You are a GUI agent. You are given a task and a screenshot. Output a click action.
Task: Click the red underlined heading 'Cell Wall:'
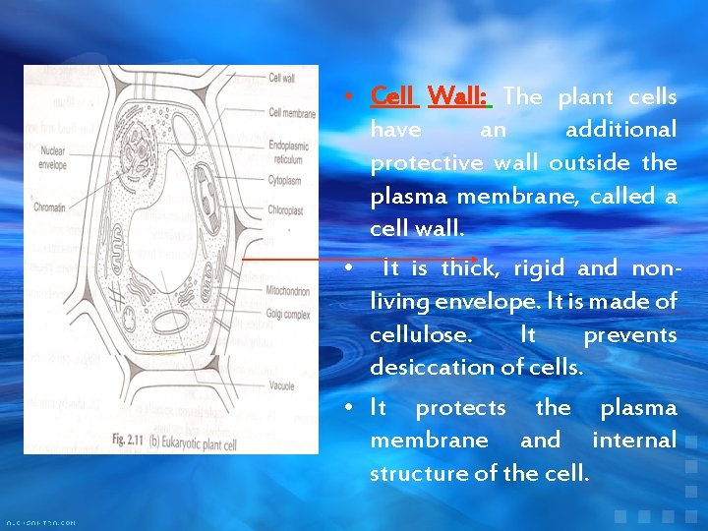pyautogui.click(x=431, y=96)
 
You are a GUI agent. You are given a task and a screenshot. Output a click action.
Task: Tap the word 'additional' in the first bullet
pyautogui.click(x=621, y=129)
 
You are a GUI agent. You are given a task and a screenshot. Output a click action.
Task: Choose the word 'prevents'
pyautogui.click(x=630, y=334)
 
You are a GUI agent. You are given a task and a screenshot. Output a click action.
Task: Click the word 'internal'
pyautogui.click(x=634, y=440)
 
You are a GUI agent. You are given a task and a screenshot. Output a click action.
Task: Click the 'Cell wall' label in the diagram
pyautogui.click(x=281, y=78)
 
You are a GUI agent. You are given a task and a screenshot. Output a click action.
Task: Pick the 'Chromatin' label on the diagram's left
pyautogui.click(x=48, y=207)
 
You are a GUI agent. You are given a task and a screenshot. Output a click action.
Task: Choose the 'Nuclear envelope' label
pyautogui.click(x=53, y=157)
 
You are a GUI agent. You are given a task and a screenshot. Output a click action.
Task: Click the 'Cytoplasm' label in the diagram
pyautogui.click(x=285, y=180)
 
